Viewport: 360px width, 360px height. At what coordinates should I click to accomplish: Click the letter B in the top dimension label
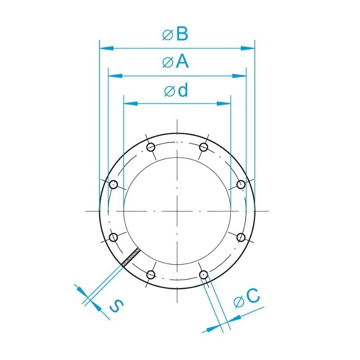point(182,34)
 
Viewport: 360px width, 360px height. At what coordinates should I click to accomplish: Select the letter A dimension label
point(182,62)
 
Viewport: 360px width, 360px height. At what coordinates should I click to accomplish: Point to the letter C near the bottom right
point(253,295)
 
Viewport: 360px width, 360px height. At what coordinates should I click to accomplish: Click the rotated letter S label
point(117,306)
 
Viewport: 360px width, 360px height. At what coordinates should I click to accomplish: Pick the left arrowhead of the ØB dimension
point(107,49)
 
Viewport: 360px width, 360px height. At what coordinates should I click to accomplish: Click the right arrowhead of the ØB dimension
point(248,49)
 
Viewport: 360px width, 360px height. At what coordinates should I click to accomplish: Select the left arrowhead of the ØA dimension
point(115,76)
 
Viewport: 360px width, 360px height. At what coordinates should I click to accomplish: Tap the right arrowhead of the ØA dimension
point(239,76)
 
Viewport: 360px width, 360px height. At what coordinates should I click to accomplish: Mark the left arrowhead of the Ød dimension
point(130,103)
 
